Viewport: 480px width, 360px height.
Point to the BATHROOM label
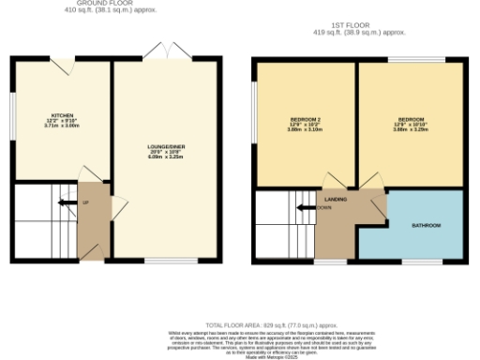pos(427,226)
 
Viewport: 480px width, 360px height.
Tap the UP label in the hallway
pos(85,202)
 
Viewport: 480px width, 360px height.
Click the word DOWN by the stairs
pos(323,207)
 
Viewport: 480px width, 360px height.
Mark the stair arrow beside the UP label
pos(66,202)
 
